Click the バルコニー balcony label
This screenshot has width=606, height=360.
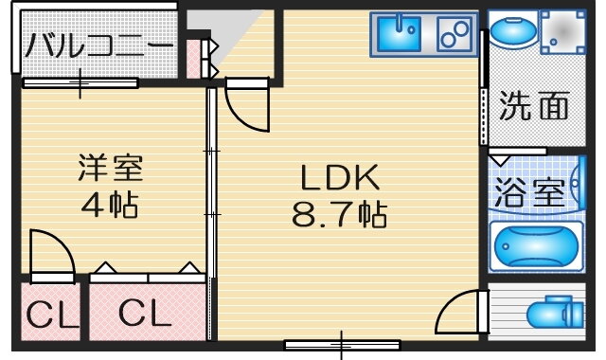pyautogui.click(x=99, y=45)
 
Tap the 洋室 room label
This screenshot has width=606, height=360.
pyautogui.click(x=111, y=168)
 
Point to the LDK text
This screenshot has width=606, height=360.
pyautogui.click(x=340, y=177)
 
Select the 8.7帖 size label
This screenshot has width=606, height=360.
pyautogui.click(x=339, y=214)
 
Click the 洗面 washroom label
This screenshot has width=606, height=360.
pyautogui.click(x=534, y=105)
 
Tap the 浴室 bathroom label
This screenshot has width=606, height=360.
pyautogui.click(x=530, y=191)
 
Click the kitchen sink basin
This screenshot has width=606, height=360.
pyautogui.click(x=399, y=34)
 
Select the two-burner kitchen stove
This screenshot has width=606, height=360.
pyautogui.click(x=454, y=34)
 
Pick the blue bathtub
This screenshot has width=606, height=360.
pyautogui.click(x=536, y=246)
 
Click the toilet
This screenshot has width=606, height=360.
pyautogui.click(x=556, y=313)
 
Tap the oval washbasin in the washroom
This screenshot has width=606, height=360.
pyautogui.click(x=513, y=29)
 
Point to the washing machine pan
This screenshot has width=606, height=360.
pyautogui.click(x=562, y=32)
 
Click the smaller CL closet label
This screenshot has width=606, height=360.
pyautogui.click(x=52, y=315)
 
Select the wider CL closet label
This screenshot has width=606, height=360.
pyautogui.click(x=145, y=313)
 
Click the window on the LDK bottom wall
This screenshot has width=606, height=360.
pyautogui.click(x=343, y=345)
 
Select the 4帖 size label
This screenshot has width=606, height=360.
pyautogui.click(x=110, y=205)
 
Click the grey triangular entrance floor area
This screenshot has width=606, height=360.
pyautogui.click(x=218, y=29)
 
